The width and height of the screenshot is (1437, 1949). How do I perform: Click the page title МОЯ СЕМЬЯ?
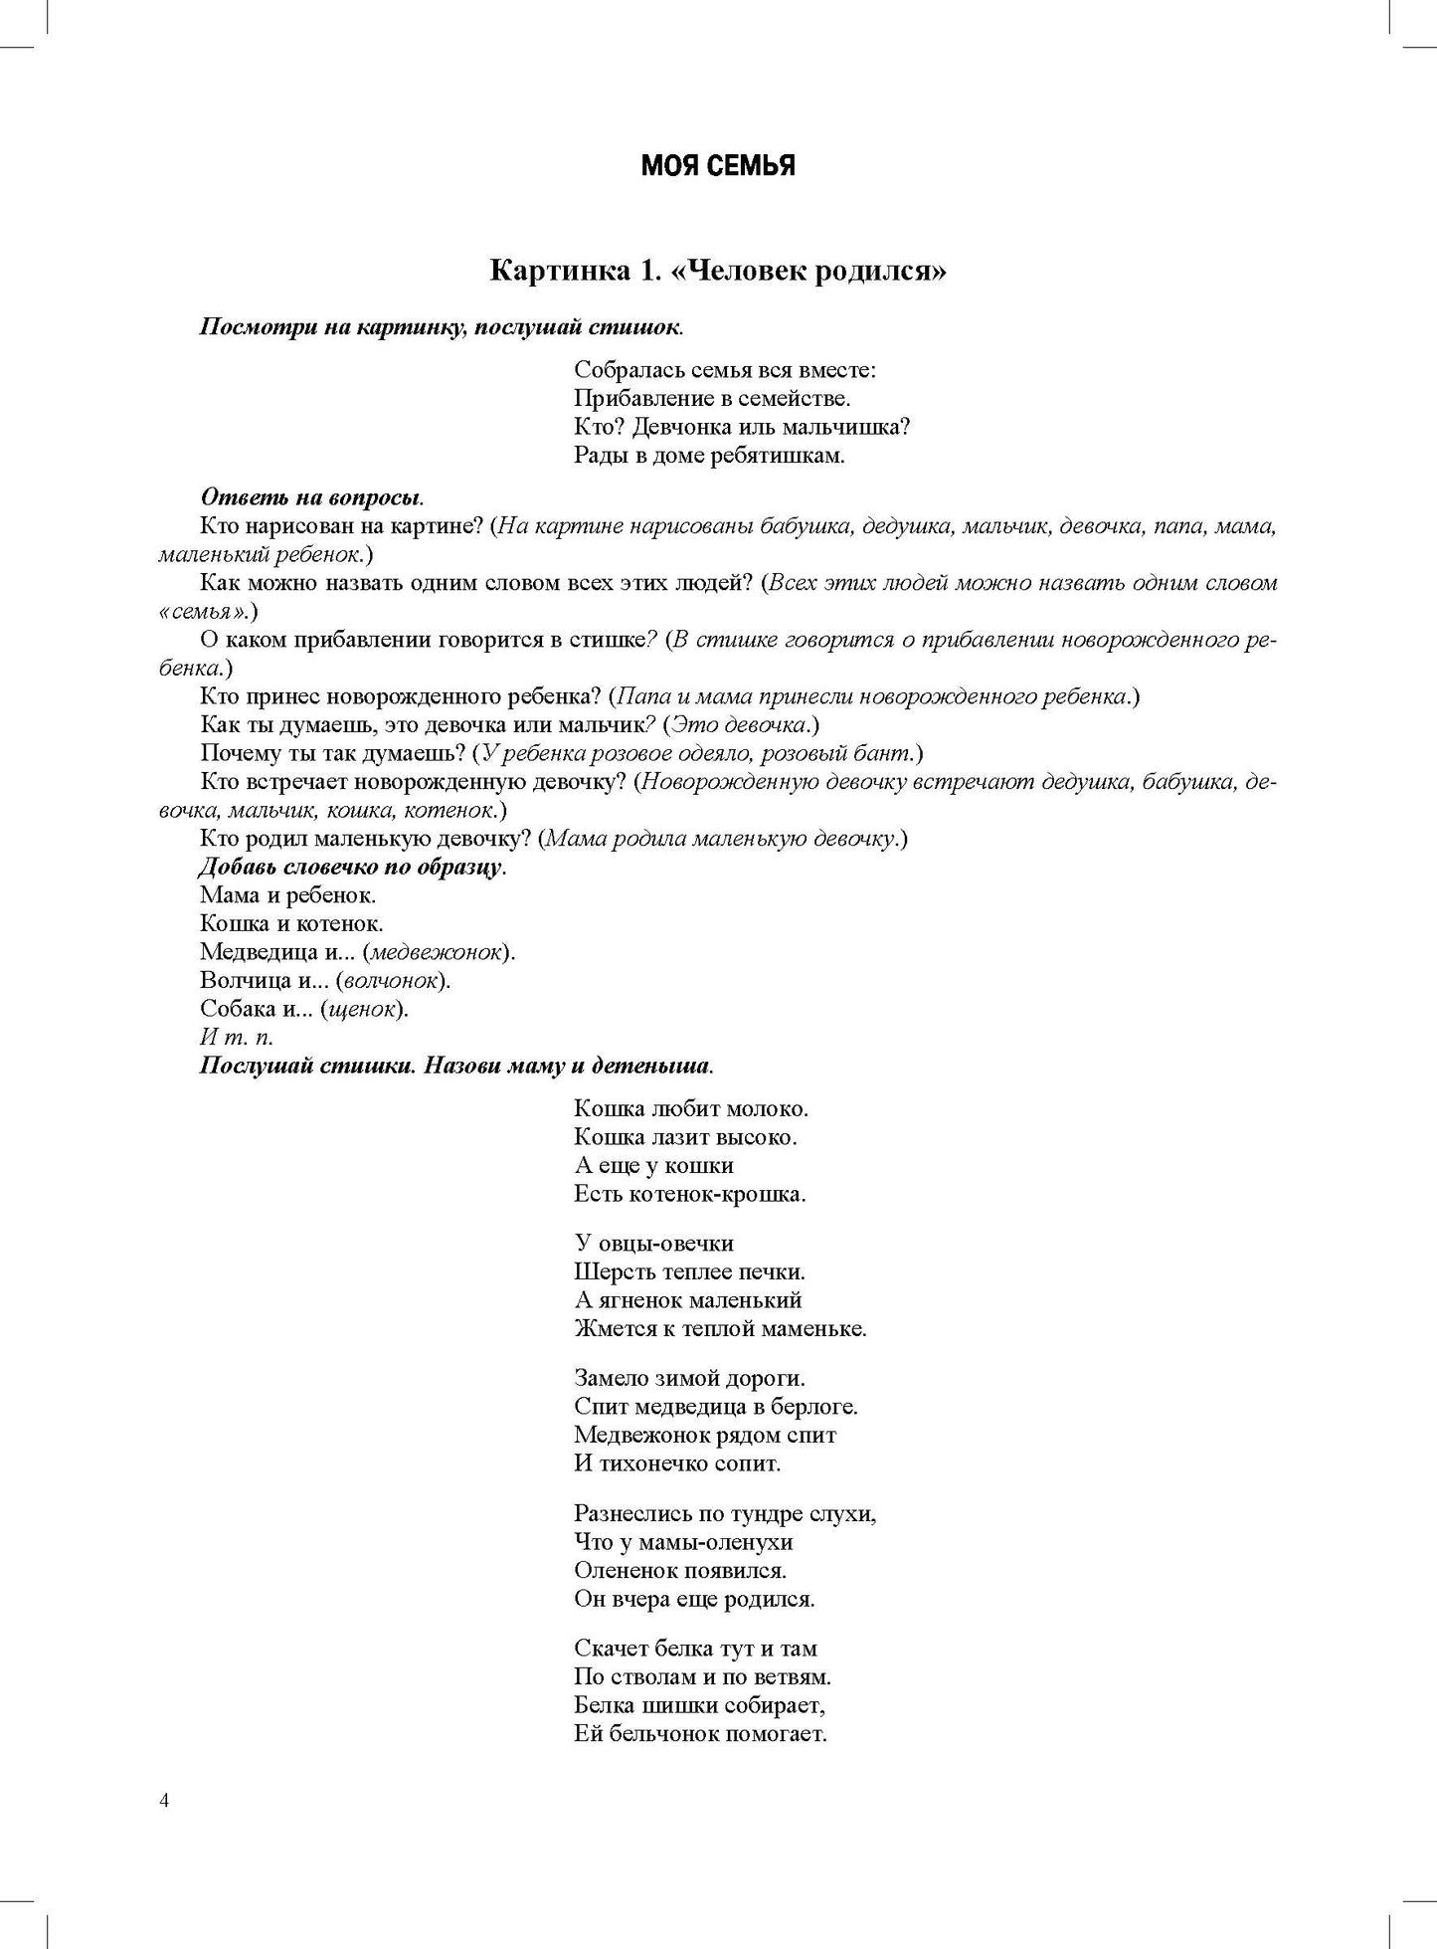point(717,166)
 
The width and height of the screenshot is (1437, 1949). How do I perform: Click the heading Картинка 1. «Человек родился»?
point(717,271)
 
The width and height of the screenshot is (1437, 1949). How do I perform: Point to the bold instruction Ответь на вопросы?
point(311,496)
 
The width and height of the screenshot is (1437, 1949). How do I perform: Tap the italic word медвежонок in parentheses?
point(437,952)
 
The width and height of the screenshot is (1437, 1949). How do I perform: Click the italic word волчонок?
point(392,981)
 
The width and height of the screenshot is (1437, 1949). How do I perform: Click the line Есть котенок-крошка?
point(689,1193)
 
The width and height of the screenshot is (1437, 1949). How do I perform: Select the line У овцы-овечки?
point(653,1243)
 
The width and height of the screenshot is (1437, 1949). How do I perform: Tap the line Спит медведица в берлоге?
point(716,1407)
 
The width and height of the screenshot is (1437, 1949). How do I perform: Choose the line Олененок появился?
point(680,1570)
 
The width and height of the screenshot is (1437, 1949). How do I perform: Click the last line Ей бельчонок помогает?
point(700,1734)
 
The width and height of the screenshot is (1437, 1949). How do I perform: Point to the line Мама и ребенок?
point(287,895)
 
